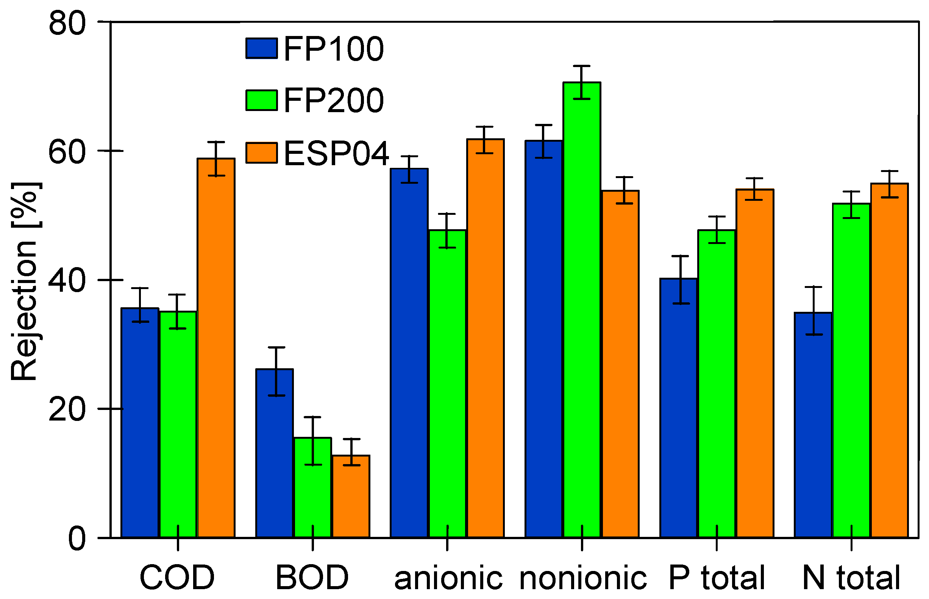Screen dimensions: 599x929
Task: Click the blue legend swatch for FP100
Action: (262, 48)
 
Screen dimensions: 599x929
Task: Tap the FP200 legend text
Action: (334, 100)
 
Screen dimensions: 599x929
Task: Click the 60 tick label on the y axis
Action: (67, 151)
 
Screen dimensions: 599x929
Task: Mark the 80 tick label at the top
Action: (67, 23)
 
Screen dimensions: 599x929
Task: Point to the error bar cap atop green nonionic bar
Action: (582, 66)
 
